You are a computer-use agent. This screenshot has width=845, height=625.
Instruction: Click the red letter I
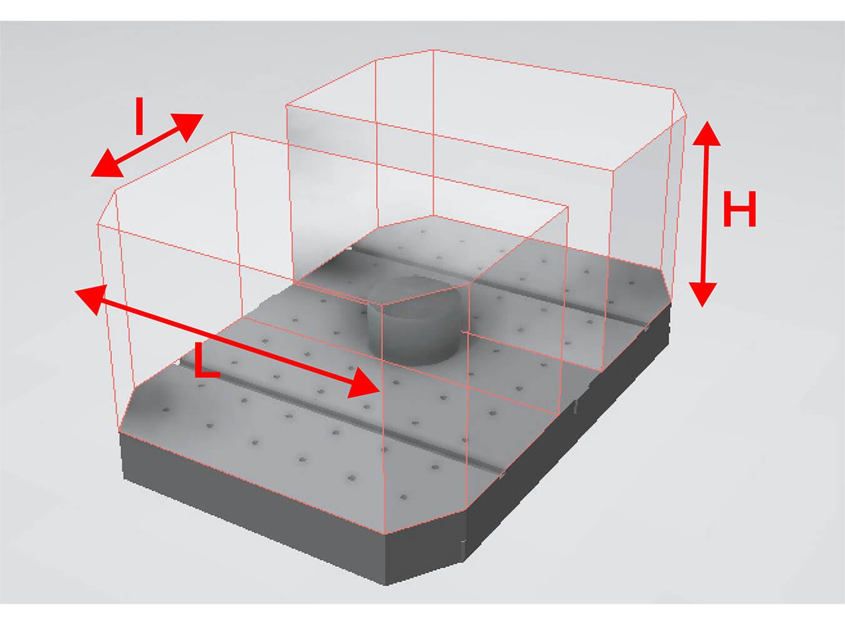pos(139,116)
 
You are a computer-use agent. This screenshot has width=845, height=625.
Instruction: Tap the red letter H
pos(739,209)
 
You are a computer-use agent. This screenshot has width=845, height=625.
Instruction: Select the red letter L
pos(207,359)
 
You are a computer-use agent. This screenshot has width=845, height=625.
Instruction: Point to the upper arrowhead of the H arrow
pos(707,134)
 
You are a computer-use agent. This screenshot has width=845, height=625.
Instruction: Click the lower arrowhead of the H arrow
pos(703,294)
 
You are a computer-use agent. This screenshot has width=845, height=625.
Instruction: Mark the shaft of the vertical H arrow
pos(705,214)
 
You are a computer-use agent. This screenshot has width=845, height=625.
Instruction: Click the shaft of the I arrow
pos(148,146)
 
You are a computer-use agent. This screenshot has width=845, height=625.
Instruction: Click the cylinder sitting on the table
pos(413,319)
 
